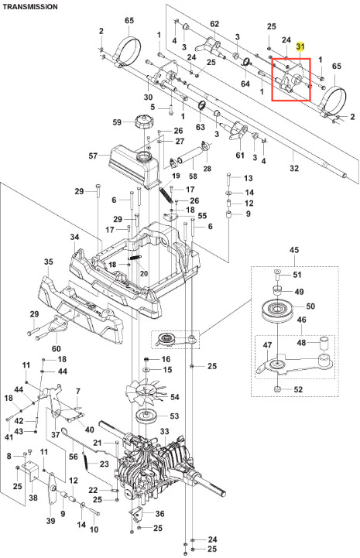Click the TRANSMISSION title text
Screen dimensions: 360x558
point(30,7)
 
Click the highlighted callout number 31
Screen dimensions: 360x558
point(300,46)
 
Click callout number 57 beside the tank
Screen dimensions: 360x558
point(93,156)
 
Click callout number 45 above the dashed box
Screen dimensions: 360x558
point(294,250)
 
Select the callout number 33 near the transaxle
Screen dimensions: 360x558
point(164,431)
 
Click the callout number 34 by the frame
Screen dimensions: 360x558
point(74,237)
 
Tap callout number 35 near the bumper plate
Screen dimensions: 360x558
point(49,262)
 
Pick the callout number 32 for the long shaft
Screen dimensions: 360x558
point(294,168)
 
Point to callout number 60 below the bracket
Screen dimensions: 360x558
point(57,348)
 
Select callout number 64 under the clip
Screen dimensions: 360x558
point(245,84)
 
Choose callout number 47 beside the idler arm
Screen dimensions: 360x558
point(267,345)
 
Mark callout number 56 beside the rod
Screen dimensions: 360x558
point(74,456)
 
